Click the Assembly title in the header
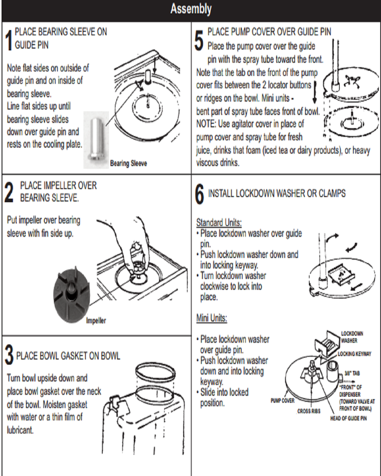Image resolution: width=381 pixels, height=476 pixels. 190,9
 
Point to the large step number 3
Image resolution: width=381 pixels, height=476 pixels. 8,356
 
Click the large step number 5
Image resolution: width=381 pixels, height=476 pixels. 199,41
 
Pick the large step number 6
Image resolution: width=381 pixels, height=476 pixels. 199,195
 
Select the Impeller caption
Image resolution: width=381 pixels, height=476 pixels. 96,321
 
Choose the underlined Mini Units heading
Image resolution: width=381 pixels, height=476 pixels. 211,318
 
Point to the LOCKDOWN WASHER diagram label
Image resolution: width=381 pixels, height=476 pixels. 352,337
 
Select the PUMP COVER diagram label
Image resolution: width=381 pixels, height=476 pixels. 283,400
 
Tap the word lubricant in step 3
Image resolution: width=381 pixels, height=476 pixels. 20,430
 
